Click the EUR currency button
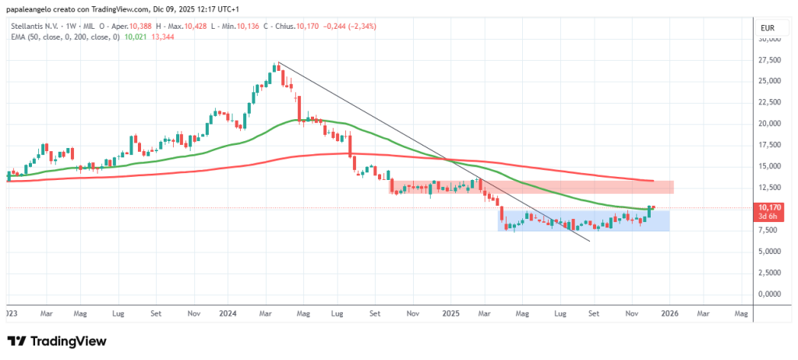click(x=767, y=28)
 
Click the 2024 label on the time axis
click(x=228, y=313)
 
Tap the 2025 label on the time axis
click(x=450, y=313)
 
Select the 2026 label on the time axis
click(x=669, y=313)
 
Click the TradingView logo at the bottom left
click(x=57, y=341)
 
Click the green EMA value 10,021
click(x=135, y=37)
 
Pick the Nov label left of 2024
click(x=195, y=313)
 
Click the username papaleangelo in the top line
click(x=30, y=9)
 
